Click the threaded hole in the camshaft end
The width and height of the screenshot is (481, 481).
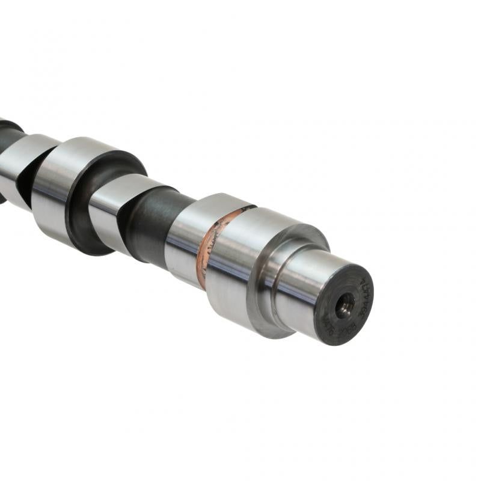click(x=345, y=307)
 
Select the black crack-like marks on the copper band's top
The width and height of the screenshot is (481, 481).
click(x=240, y=210)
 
